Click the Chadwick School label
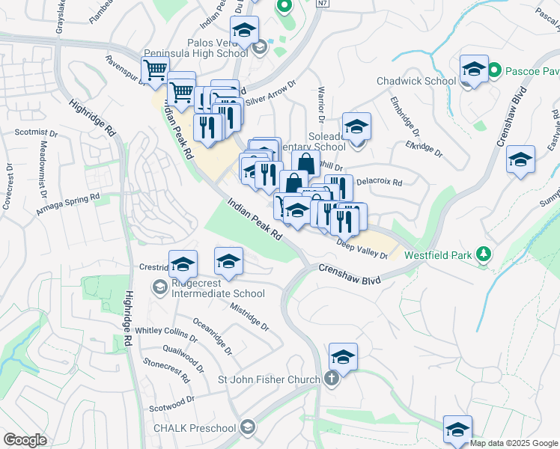[416, 81]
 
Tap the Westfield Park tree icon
[484, 254]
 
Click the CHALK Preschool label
[194, 428]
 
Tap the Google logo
[25, 440]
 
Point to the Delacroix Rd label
[379, 181]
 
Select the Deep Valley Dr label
[362, 249]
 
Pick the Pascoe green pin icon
[494, 72]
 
